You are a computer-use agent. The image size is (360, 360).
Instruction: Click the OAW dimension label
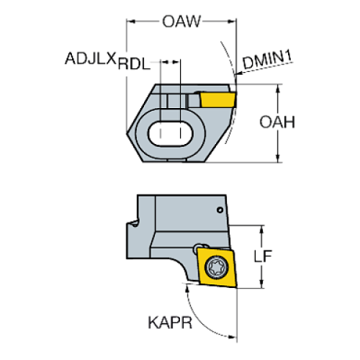click(x=181, y=24)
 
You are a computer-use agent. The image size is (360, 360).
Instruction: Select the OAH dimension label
click(x=276, y=123)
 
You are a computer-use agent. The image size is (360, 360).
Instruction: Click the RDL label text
click(x=134, y=64)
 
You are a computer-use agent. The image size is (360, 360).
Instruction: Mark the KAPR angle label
click(x=165, y=322)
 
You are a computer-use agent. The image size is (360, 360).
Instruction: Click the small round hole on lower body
click(x=218, y=211)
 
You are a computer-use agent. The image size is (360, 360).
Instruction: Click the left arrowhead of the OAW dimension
click(x=133, y=24)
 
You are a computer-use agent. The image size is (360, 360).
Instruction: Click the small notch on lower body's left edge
click(x=132, y=221)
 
